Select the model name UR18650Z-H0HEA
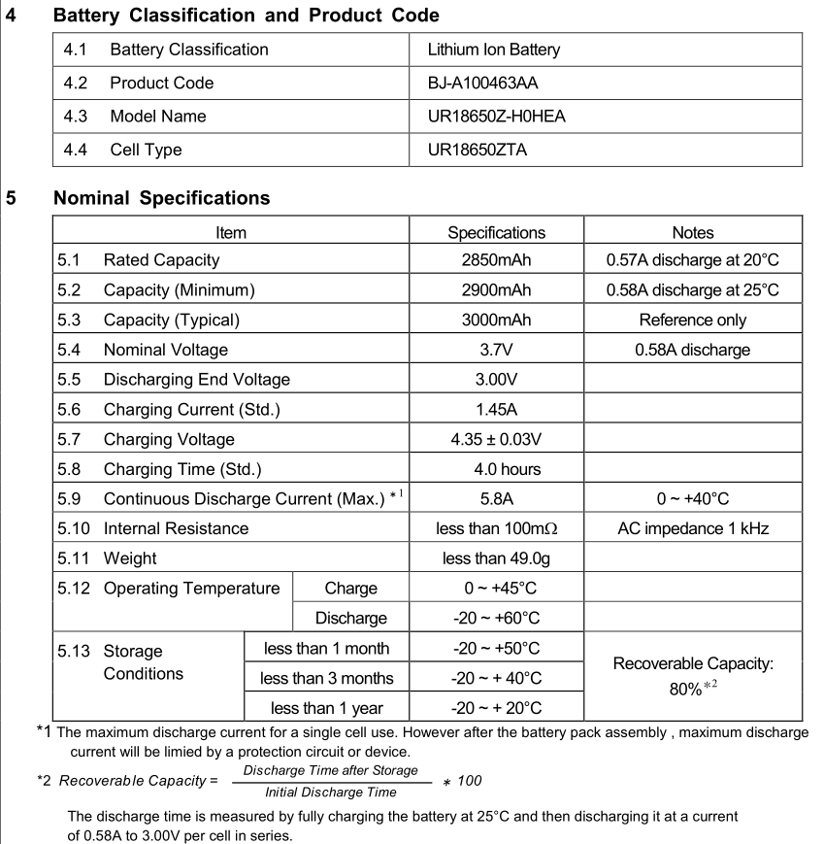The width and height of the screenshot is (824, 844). [496, 117]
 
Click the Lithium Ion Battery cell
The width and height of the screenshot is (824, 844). [493, 50]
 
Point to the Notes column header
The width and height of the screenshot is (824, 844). [692, 232]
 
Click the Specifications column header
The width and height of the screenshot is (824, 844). [496, 232]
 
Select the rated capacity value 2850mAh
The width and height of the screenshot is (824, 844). [496, 260]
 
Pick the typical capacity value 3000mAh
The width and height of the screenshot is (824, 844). [496, 320]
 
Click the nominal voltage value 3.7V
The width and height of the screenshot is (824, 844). [496, 350]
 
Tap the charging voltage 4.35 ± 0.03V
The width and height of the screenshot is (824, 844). [496, 439]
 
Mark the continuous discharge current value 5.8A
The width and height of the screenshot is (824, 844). [496, 499]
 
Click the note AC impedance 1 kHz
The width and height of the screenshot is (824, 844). [692, 528]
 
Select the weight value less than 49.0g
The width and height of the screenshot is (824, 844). [496, 558]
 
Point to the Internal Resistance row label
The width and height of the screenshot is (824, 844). [176, 528]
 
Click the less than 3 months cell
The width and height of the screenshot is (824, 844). [327, 678]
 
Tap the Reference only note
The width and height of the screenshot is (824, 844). [692, 320]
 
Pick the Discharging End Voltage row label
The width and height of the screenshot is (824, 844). [196, 380]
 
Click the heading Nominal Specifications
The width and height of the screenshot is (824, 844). [161, 198]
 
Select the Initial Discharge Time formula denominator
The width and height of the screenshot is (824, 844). [331, 792]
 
